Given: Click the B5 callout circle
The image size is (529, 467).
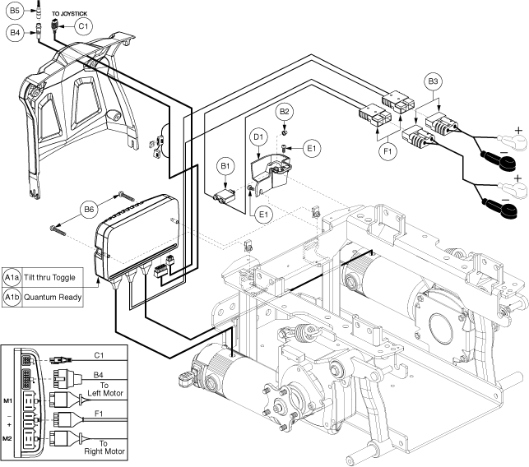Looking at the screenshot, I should click(15, 12).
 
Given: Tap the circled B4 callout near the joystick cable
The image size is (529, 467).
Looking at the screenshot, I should click(15, 33).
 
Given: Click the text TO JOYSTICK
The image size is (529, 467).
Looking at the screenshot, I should click(71, 14).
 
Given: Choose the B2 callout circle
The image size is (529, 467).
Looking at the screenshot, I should click(284, 111).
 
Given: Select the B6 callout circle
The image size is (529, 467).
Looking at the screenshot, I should click(90, 209).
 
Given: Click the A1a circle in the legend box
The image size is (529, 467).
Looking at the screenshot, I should click(12, 275).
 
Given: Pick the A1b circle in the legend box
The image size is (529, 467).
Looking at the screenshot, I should click(12, 296).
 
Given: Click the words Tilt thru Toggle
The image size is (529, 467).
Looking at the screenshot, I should click(51, 275).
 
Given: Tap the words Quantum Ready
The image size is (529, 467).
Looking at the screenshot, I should click(51, 296).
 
